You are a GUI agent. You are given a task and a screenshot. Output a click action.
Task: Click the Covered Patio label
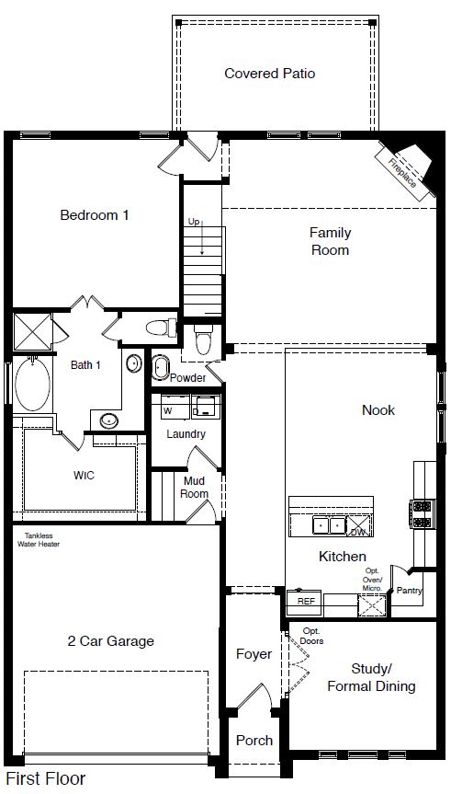click(x=269, y=73)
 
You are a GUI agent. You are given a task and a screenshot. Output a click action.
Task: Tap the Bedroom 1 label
click(x=94, y=215)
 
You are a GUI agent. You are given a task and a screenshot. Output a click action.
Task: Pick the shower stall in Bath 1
click(x=32, y=331)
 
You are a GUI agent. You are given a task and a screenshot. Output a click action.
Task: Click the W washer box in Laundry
click(x=168, y=410)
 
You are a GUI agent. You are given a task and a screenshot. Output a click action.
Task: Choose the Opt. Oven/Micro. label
click(x=371, y=580)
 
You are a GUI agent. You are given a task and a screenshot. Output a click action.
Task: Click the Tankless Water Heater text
click(x=37, y=538)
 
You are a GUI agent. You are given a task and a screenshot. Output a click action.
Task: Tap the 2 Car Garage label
click(x=110, y=640)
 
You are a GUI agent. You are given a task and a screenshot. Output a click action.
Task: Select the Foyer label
click(x=254, y=654)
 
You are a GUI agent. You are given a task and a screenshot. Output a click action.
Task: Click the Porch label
click(x=254, y=740)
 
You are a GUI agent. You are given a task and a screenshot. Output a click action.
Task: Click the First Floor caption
click(x=44, y=778)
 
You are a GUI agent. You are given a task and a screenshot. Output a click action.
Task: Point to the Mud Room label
click(x=194, y=488)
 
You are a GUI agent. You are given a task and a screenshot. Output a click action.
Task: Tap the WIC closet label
click(x=85, y=476)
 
